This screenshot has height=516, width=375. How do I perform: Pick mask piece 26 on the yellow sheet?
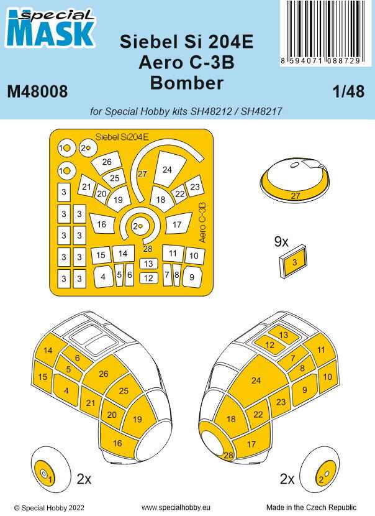pyautogui.click(x=107, y=162)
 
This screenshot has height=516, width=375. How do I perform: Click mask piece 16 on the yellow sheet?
pyautogui.click(x=102, y=224)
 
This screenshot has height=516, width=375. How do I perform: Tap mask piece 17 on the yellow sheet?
pyautogui.click(x=178, y=224)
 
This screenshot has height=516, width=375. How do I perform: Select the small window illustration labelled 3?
pyautogui.click(x=295, y=262)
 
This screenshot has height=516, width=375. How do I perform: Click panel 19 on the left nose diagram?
pyautogui.click(x=137, y=421)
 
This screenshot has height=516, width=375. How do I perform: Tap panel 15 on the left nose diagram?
pyautogui.click(x=43, y=377)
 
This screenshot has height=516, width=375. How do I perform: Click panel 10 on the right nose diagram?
pyautogui.click(x=328, y=377)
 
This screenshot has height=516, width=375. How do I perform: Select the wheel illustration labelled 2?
pyautogui.click(x=319, y=479)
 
